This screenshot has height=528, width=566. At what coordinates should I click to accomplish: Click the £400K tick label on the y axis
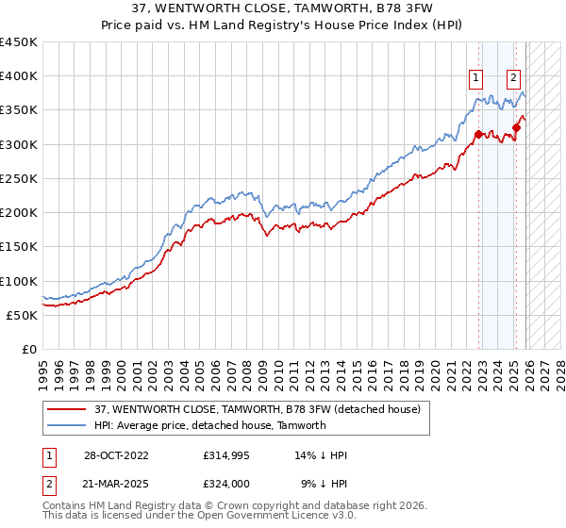click(x=19, y=76)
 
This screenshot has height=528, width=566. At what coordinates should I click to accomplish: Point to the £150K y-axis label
click(x=19, y=246)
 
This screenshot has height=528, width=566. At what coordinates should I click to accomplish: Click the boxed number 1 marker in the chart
click(x=475, y=78)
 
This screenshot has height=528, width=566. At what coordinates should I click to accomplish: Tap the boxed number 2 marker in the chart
click(x=513, y=78)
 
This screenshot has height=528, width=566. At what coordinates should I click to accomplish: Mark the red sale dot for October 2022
click(x=479, y=134)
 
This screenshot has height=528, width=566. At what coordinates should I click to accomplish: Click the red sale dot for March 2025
click(x=517, y=128)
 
